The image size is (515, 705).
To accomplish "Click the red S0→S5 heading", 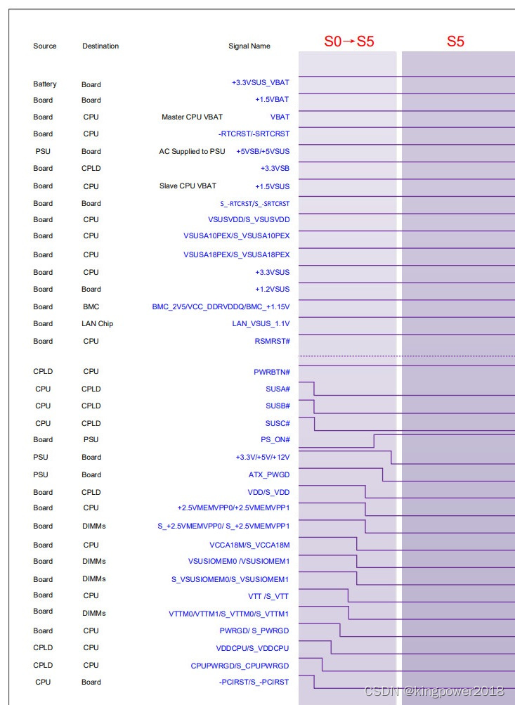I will pos(348,41).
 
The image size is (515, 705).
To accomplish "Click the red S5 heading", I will pos(455,41).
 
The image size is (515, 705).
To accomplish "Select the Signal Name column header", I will pos(249,46).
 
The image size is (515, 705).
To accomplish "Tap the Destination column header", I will pos(100,46).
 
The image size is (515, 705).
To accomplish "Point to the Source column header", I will pos(45,46).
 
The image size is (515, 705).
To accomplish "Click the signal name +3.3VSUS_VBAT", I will pos(260,83).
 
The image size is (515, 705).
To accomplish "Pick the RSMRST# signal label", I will pos(272,341).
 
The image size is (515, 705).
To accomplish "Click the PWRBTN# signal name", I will pos(272,372).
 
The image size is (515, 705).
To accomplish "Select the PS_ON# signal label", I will pos(275,440).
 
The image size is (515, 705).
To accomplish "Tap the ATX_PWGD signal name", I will pos(269,475).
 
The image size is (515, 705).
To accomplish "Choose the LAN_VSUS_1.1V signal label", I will pos(261,324).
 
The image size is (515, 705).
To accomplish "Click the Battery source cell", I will pos(45,84).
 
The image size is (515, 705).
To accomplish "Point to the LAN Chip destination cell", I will pos(97,324).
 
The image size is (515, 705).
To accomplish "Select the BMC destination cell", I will pos(91,307).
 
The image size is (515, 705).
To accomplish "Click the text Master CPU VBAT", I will pos(192,117).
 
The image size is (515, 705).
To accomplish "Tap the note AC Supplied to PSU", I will pos(192,152).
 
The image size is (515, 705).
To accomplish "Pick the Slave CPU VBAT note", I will pos(188,186).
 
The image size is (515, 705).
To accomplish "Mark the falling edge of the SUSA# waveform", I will pos(314,389).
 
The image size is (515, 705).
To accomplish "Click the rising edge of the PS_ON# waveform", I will pos(374,441).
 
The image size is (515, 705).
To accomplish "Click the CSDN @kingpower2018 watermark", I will pos(439,691).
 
